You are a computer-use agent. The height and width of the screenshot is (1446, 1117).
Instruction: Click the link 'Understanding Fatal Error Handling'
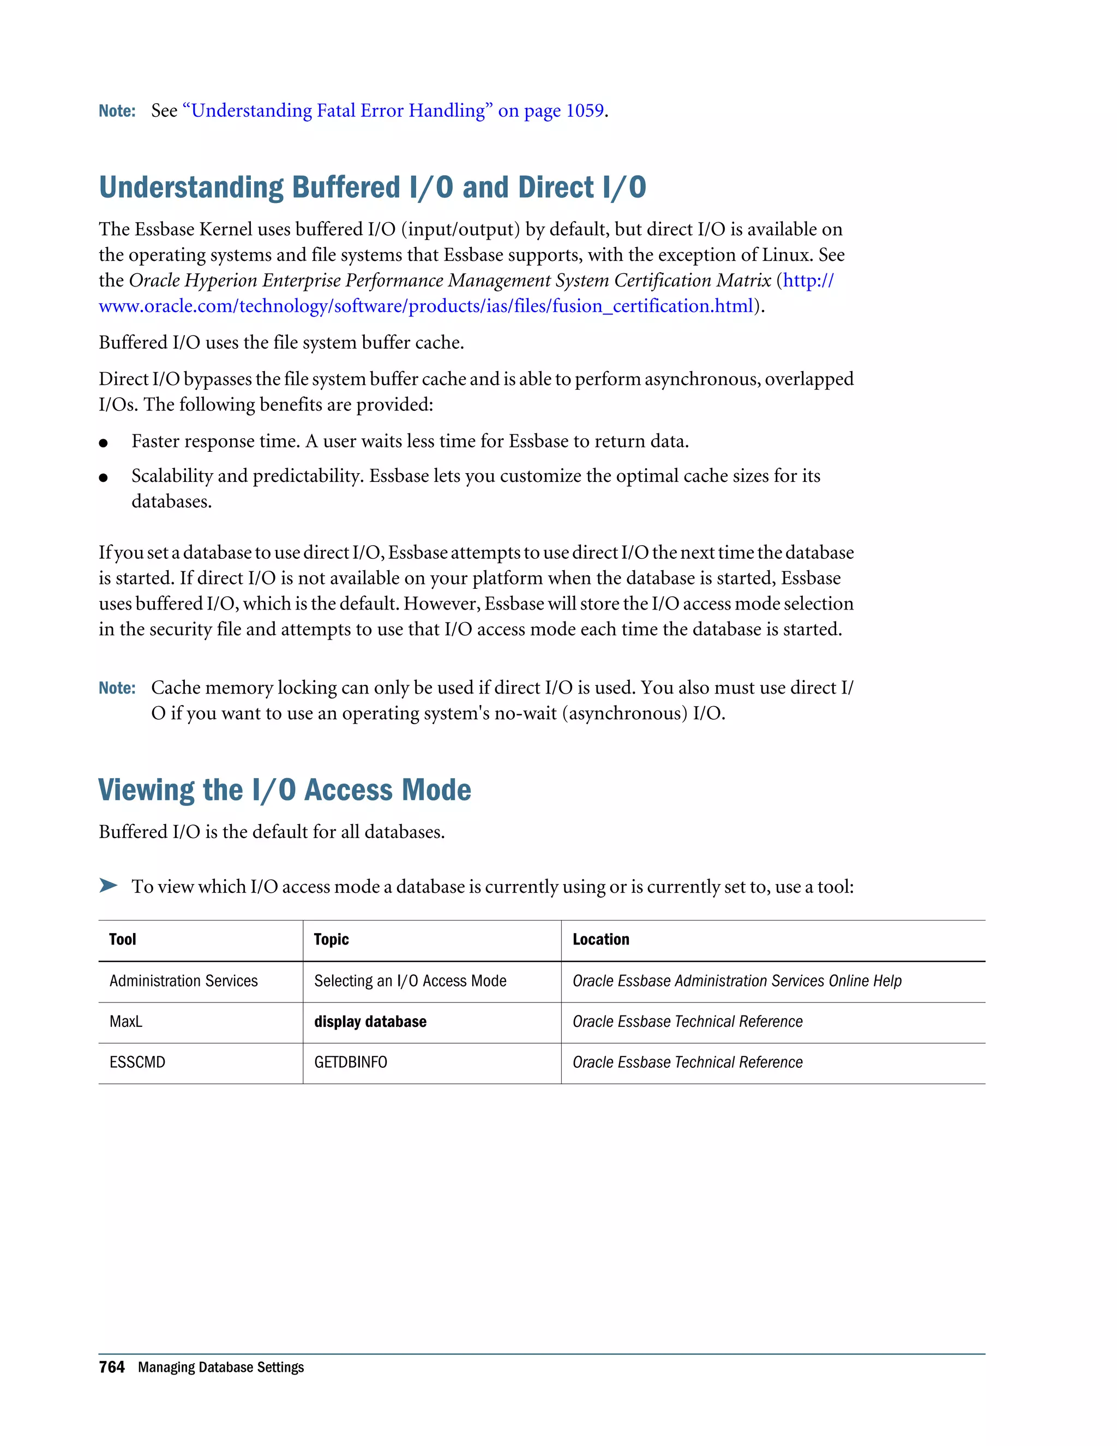pos(338,111)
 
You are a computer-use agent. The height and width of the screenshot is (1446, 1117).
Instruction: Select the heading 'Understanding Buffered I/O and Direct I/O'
pos(372,187)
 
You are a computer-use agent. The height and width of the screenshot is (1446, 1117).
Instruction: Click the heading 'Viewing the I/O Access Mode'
pos(285,790)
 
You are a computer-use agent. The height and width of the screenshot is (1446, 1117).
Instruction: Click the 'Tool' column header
pos(122,940)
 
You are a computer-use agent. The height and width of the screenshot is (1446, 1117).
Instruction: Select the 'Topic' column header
pos(331,940)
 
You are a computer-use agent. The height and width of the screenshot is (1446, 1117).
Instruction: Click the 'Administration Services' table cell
pos(183,981)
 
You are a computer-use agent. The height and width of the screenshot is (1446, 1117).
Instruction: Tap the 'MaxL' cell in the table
pos(126,1021)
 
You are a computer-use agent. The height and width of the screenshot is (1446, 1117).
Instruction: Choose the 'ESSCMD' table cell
pos(137,1062)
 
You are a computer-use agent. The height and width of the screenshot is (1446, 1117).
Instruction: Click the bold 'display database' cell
pos(370,1021)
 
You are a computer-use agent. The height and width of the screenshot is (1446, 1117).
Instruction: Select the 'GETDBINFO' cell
pos(350,1062)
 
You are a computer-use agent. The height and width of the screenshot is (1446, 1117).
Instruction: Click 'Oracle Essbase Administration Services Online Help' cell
pos(736,981)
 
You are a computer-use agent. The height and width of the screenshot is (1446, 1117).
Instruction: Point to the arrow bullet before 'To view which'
pos(108,885)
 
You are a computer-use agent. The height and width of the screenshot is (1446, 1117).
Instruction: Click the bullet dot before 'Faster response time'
pos(103,443)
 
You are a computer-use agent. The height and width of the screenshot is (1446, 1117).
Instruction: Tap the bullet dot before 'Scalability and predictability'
pos(103,477)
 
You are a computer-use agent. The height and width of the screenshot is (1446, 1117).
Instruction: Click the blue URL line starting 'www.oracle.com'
pos(425,306)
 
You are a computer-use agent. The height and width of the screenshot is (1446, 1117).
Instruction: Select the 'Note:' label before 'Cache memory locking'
pos(117,688)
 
